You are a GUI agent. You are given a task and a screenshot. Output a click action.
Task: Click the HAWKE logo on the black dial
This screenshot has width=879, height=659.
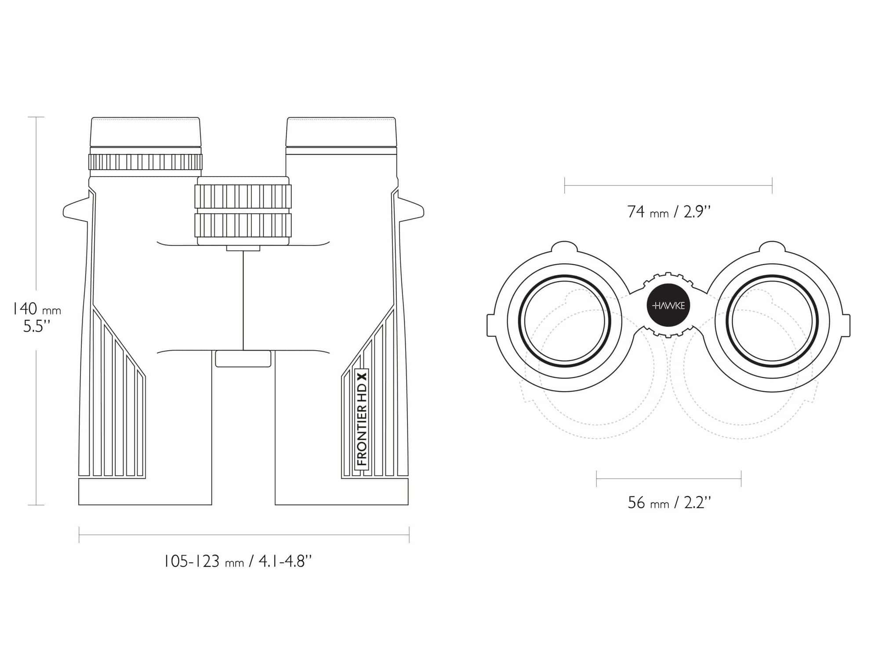pyautogui.click(x=668, y=306)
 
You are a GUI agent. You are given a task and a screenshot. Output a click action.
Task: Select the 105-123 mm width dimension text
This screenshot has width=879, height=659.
pyautogui.click(x=238, y=561)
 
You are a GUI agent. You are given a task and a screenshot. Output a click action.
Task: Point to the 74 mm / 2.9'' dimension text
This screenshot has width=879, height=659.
pyautogui.click(x=668, y=212)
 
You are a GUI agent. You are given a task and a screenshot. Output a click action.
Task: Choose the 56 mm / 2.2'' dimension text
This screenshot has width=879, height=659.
pyautogui.click(x=668, y=503)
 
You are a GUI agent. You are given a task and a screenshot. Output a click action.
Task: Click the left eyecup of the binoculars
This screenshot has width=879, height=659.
pyautogui.click(x=145, y=132)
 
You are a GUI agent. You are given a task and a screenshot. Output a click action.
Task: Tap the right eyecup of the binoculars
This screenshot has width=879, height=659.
pyautogui.click(x=341, y=132)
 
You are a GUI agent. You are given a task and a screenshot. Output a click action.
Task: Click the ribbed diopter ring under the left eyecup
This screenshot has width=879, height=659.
pyautogui.click(x=145, y=162)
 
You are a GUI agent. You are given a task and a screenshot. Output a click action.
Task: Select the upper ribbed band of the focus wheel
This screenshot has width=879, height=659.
pyautogui.click(x=243, y=196)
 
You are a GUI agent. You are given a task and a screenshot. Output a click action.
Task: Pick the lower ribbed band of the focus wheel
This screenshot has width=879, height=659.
pyautogui.click(x=243, y=225)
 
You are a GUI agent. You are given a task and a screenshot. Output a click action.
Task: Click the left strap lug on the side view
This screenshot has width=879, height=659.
pyautogui.click(x=76, y=210)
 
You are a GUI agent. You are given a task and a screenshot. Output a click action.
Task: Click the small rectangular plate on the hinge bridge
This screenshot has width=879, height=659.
pyautogui.click(x=243, y=358)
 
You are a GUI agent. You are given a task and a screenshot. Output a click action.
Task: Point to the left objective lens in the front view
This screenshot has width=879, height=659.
pyautogui.click(x=564, y=321)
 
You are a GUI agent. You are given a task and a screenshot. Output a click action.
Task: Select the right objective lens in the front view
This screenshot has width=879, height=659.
pyautogui.click(x=772, y=321)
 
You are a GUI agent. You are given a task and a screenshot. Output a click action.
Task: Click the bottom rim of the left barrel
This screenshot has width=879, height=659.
pyautogui.click(x=145, y=492)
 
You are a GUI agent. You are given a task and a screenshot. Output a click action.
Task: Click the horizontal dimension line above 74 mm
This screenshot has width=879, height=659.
pyautogui.click(x=668, y=186)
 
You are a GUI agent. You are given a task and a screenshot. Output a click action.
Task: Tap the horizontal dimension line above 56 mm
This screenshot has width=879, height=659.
pyautogui.click(x=668, y=478)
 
